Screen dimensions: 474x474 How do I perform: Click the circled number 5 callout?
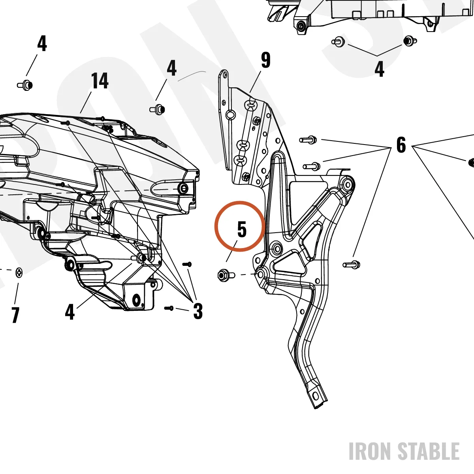242,229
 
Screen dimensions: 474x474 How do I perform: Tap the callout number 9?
266,60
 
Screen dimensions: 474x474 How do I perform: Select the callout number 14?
100,81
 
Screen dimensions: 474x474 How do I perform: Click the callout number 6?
401,145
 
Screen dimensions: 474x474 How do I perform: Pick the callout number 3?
198,311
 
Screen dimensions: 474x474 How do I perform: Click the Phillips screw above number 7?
19,273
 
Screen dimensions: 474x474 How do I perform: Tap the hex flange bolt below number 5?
226,275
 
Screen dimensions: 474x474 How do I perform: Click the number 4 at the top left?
42,43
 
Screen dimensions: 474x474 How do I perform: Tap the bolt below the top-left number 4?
25,85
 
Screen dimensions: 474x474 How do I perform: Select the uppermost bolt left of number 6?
308,140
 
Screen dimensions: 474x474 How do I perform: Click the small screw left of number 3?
169,308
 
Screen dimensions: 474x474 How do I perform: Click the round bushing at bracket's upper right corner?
348,184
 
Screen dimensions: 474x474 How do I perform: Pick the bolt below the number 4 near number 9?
157,109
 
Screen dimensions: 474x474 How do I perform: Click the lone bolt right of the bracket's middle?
352,265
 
